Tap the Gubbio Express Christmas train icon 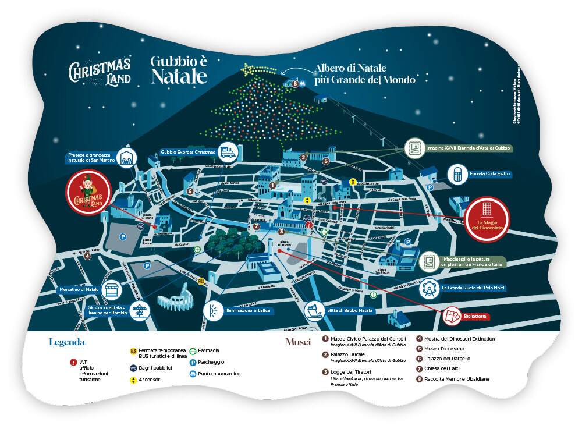(228, 152)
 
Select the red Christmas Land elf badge (88, 193)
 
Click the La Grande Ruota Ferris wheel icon (429, 287)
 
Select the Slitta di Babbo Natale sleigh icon (315, 310)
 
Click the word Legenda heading (67, 342)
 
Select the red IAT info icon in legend (73, 362)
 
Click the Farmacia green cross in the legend (193, 350)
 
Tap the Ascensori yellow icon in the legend (133, 380)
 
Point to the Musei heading (298, 342)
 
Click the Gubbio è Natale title (179, 69)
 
